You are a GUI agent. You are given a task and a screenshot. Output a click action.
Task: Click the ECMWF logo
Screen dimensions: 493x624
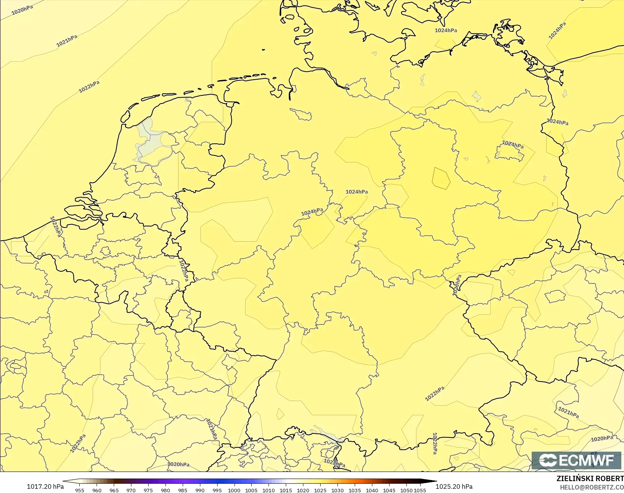tap(576, 460)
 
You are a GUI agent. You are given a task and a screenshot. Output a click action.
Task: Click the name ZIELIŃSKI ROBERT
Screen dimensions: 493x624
tap(590, 479)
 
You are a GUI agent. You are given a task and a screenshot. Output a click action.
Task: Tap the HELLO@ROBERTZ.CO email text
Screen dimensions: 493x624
tap(592, 488)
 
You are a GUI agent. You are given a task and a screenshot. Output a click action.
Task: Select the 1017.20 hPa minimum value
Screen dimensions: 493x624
tap(45, 486)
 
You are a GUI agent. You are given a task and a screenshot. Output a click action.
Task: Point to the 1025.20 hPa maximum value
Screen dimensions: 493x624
tap(454, 486)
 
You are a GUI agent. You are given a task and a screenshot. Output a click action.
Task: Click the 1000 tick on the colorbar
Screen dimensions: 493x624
tap(234, 490)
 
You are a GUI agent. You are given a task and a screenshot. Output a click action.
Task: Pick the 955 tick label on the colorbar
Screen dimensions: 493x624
tap(80, 490)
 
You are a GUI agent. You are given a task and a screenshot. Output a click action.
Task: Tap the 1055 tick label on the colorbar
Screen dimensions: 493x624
tap(420, 490)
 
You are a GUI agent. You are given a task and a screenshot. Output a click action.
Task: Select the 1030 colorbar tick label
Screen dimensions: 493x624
tap(337, 490)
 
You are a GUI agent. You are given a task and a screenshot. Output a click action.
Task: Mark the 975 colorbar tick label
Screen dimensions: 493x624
tap(148, 490)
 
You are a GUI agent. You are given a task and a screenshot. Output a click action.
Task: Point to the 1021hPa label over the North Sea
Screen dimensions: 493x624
tap(67, 41)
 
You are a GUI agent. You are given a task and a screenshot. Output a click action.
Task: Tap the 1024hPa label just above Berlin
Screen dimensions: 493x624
tap(513, 144)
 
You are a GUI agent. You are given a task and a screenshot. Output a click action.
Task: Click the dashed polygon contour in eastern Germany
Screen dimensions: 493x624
tap(441, 178)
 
